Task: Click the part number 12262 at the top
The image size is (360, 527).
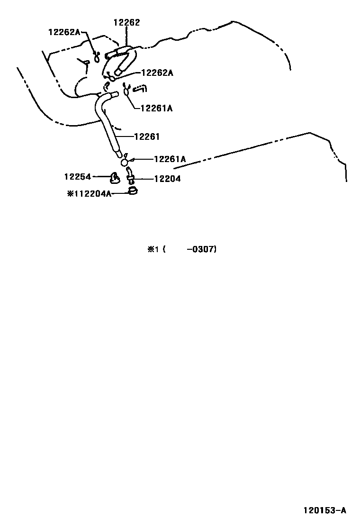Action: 126,22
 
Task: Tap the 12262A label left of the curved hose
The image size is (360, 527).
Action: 65,32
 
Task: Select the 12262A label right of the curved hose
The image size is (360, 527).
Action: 157,73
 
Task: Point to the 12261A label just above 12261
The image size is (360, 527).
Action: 156,108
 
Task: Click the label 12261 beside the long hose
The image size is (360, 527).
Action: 147,136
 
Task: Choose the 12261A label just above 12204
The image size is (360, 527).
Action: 170,159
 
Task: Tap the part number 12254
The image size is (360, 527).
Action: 77,176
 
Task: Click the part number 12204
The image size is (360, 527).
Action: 167,179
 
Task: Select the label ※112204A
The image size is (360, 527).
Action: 89,193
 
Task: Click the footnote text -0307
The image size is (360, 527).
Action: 202,249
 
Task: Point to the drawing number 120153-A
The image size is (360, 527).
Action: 325,510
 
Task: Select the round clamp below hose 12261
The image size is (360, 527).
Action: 125,162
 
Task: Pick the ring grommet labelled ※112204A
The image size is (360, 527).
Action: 133,191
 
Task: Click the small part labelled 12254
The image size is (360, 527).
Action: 114,177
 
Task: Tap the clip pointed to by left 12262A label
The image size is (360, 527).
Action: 97,57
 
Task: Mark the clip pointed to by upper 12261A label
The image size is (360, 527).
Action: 126,90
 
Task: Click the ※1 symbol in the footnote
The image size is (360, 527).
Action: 152,249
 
